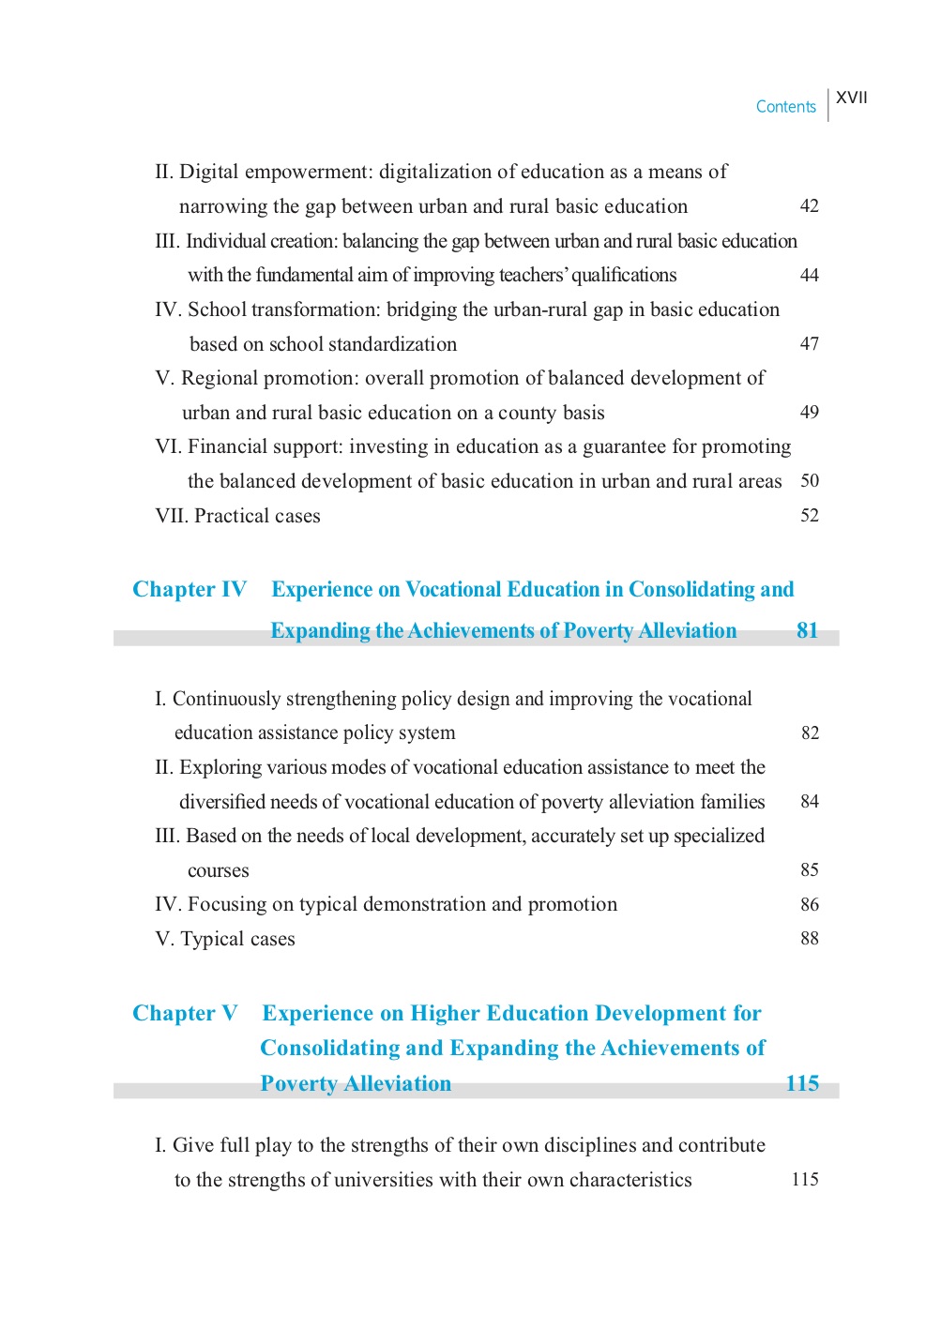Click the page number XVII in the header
click(852, 98)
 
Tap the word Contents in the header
click(786, 107)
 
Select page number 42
click(809, 206)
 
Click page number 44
click(809, 275)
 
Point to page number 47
click(809, 344)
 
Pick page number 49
click(809, 413)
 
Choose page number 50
click(809, 481)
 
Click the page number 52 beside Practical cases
click(809, 516)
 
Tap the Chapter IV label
click(190, 590)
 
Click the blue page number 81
click(807, 631)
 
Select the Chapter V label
click(185, 1014)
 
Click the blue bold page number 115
click(802, 1084)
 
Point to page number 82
click(810, 733)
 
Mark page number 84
click(809, 802)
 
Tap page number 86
click(809, 905)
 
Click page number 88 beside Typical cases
click(809, 939)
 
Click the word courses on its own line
click(219, 871)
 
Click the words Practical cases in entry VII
click(257, 517)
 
